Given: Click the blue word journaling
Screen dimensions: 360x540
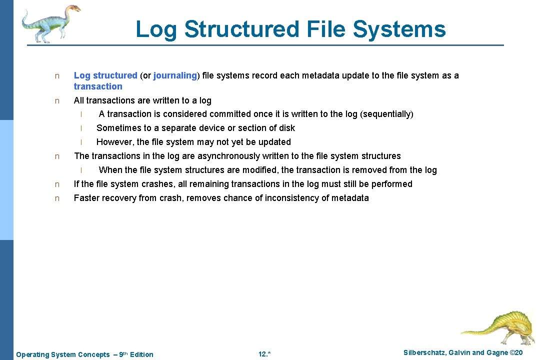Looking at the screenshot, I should (175, 75).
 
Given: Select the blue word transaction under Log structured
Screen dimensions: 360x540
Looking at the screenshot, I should (98, 86).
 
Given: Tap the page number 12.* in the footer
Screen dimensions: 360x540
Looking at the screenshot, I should (264, 354).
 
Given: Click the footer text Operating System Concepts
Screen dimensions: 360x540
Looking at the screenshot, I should (63, 354).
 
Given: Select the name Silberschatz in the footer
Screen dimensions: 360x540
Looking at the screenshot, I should (425, 353).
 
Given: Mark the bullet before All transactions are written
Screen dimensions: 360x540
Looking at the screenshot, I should (57, 100).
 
